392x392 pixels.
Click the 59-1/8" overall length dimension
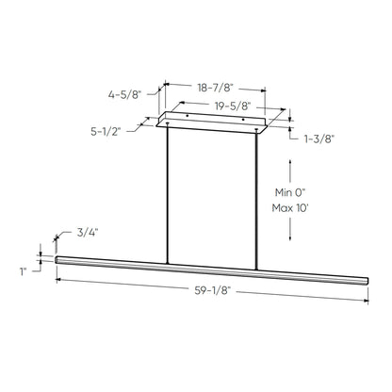pyautogui.click(x=212, y=290)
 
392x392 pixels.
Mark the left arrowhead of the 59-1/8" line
pyautogui.click(x=59, y=278)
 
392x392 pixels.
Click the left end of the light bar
pyautogui.click(x=58, y=257)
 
